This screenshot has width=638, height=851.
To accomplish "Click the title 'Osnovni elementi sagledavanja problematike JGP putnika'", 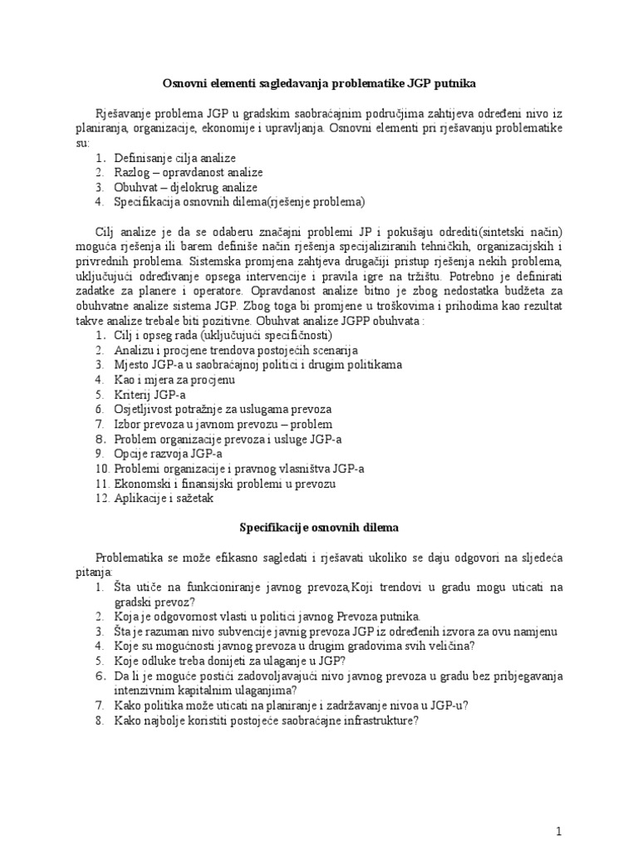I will [x=318, y=83].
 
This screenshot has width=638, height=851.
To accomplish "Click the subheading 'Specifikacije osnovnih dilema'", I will [x=318, y=527].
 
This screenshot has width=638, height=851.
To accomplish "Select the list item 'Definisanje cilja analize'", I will [x=174, y=158].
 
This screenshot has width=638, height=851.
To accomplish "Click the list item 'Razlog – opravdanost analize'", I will [x=188, y=172].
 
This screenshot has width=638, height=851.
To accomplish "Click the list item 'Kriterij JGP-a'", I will [x=150, y=395].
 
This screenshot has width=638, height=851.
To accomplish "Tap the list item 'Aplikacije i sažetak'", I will [x=164, y=499].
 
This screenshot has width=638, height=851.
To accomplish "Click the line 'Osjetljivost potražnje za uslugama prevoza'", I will [x=223, y=410].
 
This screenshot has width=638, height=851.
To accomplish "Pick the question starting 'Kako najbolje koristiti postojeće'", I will [x=266, y=721].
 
